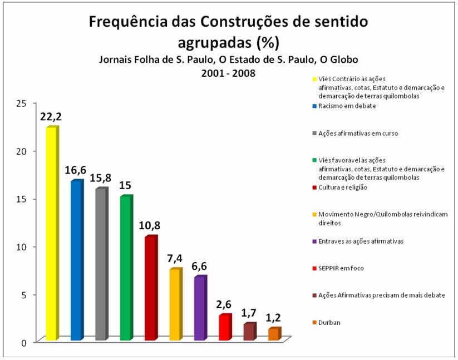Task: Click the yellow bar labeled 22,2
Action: coord(52,234)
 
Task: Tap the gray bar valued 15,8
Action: coord(101,264)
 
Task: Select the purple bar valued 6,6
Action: coord(199,308)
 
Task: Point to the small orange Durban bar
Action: coord(273,334)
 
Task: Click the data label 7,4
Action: coord(175,260)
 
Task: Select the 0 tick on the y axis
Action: coord(23,342)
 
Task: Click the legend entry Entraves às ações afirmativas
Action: coord(361,241)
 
